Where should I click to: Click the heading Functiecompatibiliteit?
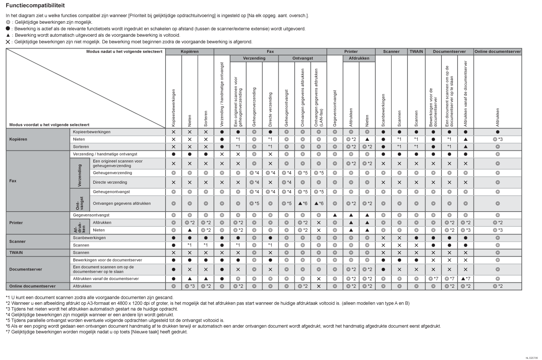[35, 6]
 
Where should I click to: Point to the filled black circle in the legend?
[8, 29]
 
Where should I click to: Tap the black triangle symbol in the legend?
[8, 35]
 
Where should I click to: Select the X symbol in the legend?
[8, 42]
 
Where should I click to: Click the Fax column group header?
[270, 52]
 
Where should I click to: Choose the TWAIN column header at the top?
[416, 52]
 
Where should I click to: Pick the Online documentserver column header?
[498, 52]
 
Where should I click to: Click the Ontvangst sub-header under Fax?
[302, 59]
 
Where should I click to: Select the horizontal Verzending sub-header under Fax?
[254, 59]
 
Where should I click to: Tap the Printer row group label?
[16, 223]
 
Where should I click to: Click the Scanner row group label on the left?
[18, 241]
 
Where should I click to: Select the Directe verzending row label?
[110, 182]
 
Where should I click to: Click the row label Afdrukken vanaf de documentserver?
[106, 279]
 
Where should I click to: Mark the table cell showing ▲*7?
[466, 279]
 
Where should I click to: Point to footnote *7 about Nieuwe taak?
[96, 332]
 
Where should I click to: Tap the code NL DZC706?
[531, 358]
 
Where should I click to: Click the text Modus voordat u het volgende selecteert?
[49, 125]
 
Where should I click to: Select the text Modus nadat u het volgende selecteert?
[124, 52]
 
